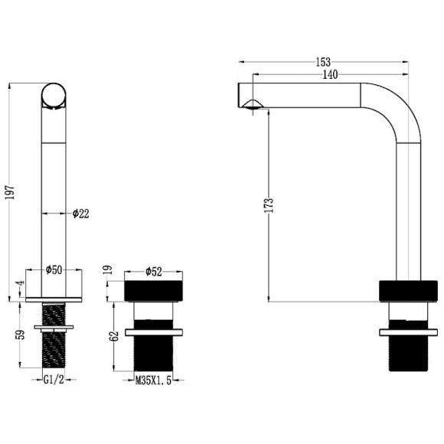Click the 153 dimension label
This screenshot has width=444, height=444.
click(323, 62)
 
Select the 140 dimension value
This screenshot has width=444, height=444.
click(330, 74)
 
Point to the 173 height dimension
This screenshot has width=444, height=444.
click(269, 205)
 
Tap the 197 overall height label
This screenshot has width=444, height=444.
click(10, 192)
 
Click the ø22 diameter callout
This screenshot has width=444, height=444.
click(80, 214)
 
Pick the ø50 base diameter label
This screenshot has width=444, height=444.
click(54, 269)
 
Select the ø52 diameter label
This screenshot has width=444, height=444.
click(154, 272)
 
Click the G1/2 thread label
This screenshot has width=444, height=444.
click(54, 380)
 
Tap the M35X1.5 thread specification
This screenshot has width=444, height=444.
click(153, 380)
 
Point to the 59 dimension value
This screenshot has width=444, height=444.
click(21, 335)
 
